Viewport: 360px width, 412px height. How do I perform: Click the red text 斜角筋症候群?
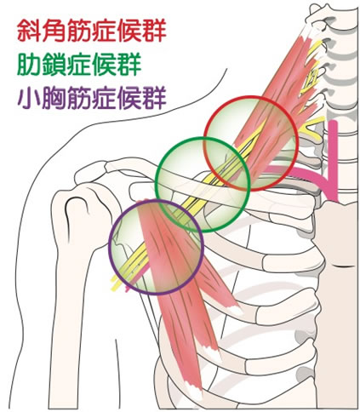(x=91, y=31)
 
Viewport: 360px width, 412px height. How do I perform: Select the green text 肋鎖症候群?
(x=79, y=64)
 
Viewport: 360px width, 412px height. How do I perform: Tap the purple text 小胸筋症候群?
(x=92, y=98)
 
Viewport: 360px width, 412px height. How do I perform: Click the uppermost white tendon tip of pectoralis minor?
(x=237, y=310)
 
